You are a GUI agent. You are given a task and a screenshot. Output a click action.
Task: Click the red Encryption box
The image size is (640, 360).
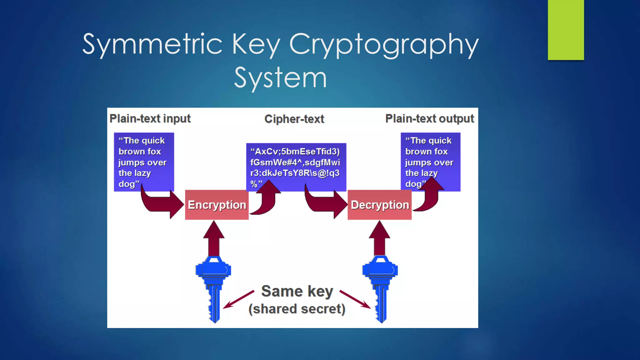coord(217,205)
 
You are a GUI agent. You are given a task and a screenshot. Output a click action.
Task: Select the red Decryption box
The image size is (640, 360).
coord(379,205)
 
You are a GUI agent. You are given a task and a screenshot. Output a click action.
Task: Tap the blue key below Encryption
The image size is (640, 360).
coord(214,287)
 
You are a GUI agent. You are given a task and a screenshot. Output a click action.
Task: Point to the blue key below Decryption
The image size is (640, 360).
coord(380,287)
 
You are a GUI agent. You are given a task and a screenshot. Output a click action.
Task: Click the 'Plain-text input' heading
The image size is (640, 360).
coord(150,119)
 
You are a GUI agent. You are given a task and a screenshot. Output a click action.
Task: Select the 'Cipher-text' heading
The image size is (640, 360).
coord(294,119)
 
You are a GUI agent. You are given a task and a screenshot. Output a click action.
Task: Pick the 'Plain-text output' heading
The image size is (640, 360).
coord(429,119)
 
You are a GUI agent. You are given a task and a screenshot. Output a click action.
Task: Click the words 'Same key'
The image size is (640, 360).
coord(297,291)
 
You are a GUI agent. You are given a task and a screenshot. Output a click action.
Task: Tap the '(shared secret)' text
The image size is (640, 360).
coord(297,309)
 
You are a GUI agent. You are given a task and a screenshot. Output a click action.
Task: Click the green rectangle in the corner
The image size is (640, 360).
coord(566,30)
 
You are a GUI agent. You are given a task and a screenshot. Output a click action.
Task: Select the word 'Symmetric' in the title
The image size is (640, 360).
coord(152,44)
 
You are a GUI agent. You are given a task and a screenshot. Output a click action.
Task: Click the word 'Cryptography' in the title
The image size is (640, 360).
coord(384,44)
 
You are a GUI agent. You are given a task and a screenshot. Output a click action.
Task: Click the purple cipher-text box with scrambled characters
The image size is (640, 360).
coord(296,162)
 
